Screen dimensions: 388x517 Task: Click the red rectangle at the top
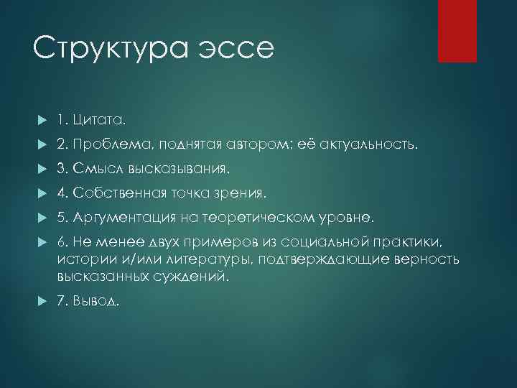tap(458, 31)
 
